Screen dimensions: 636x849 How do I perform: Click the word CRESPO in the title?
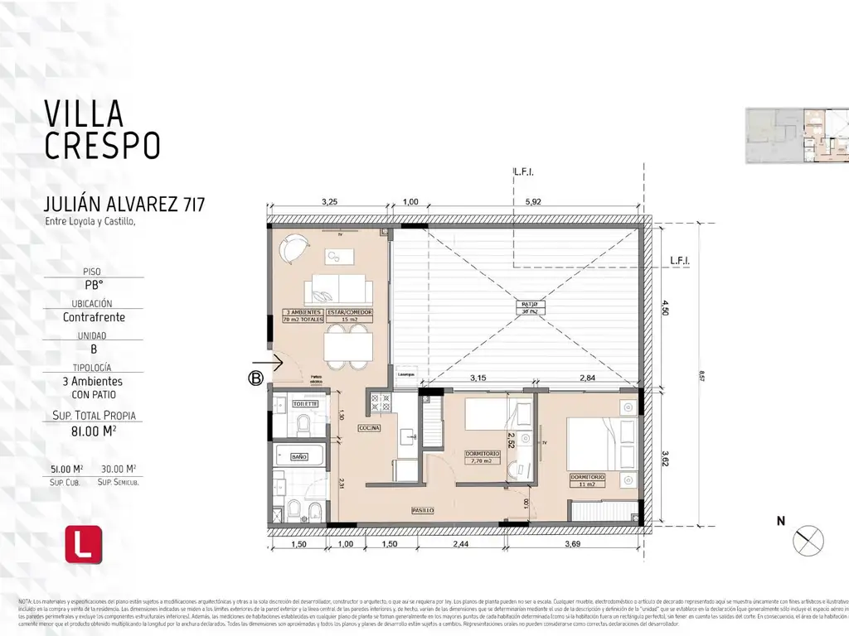pyautogui.click(x=101, y=145)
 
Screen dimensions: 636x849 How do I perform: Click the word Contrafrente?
pyautogui.click(x=93, y=316)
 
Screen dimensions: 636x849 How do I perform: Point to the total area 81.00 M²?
pyautogui.click(x=93, y=430)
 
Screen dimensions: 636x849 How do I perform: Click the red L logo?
pyautogui.click(x=84, y=544)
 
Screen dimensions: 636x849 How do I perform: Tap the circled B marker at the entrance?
pyautogui.click(x=256, y=379)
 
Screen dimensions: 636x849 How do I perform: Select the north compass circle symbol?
pyautogui.click(x=808, y=542)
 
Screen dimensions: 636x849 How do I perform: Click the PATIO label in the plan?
pyautogui.click(x=529, y=305)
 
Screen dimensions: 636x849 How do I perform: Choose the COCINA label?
pyautogui.click(x=370, y=428)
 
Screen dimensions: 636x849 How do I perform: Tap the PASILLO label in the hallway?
pyautogui.click(x=423, y=511)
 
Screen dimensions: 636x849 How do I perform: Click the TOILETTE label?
pyautogui.click(x=305, y=403)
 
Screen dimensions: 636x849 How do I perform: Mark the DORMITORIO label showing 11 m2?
pyautogui.click(x=587, y=478)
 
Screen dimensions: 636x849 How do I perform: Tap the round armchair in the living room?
pyautogui.click(x=293, y=248)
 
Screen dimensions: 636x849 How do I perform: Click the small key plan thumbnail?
pyautogui.click(x=796, y=135)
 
